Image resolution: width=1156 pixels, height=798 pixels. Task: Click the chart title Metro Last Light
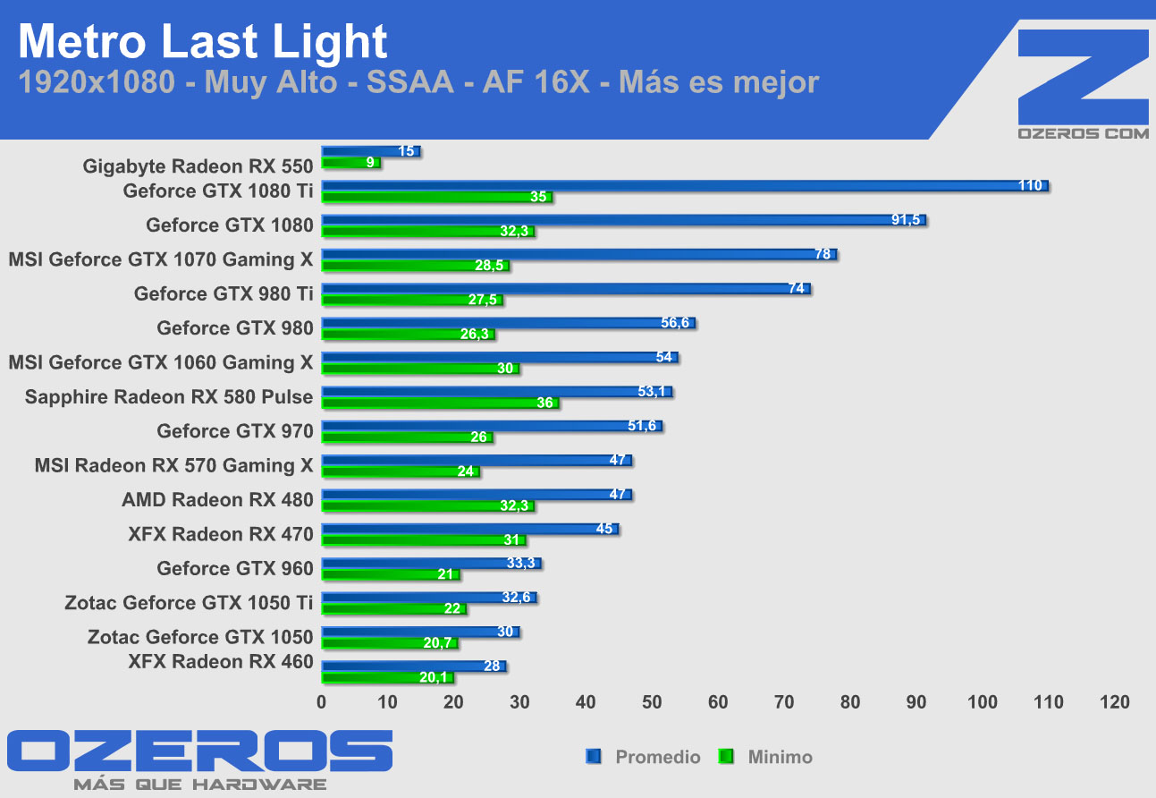[x=203, y=41]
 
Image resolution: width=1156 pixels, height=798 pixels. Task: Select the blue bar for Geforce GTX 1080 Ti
[x=684, y=186]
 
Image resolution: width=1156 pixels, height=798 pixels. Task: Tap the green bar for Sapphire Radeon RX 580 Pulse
[x=440, y=403]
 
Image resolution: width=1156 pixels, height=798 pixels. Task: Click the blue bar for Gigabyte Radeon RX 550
[x=370, y=152]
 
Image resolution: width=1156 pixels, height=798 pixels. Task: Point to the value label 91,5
[x=905, y=219]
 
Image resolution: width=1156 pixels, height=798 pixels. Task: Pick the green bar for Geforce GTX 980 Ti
[x=411, y=301]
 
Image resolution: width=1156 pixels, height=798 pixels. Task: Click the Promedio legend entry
[x=644, y=757]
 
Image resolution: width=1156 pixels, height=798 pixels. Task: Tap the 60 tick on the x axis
[x=718, y=702]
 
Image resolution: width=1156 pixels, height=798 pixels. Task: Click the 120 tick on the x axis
[x=1114, y=702]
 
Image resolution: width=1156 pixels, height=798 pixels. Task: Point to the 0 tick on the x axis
[x=322, y=702]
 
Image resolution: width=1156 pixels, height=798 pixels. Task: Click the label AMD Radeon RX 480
[x=217, y=500]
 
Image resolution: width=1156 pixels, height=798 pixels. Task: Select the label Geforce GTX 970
[x=235, y=431]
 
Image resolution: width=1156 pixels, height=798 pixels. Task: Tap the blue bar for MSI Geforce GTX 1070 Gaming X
[x=579, y=255]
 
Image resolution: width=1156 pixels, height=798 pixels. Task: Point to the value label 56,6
[x=675, y=323]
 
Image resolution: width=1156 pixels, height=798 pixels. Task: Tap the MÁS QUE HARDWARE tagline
[x=199, y=785]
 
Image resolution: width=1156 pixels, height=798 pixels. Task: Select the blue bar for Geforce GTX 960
[x=431, y=564]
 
